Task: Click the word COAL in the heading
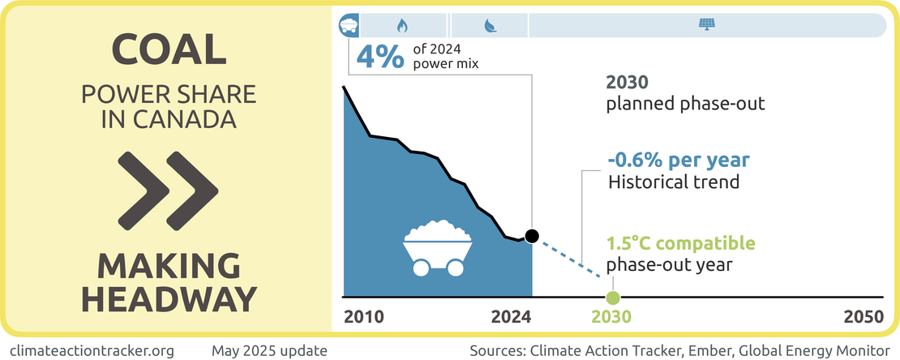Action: pyautogui.click(x=168, y=50)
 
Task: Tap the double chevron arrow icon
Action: pyautogui.click(x=168, y=188)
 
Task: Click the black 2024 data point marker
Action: pyautogui.click(x=532, y=236)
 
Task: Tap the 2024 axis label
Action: pyautogui.click(x=511, y=317)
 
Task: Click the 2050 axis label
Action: pyautogui.click(x=864, y=317)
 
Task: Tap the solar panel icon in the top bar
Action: pyautogui.click(x=706, y=25)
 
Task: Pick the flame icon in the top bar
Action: pyautogui.click(x=401, y=25)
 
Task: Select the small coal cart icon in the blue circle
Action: pyautogui.click(x=348, y=25)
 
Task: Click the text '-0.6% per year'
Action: pyautogui.click(x=679, y=159)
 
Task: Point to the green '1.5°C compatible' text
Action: pyautogui.click(x=681, y=243)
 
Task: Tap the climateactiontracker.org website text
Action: pyautogui.click(x=93, y=350)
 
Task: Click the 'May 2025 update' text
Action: pyautogui.click(x=269, y=350)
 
